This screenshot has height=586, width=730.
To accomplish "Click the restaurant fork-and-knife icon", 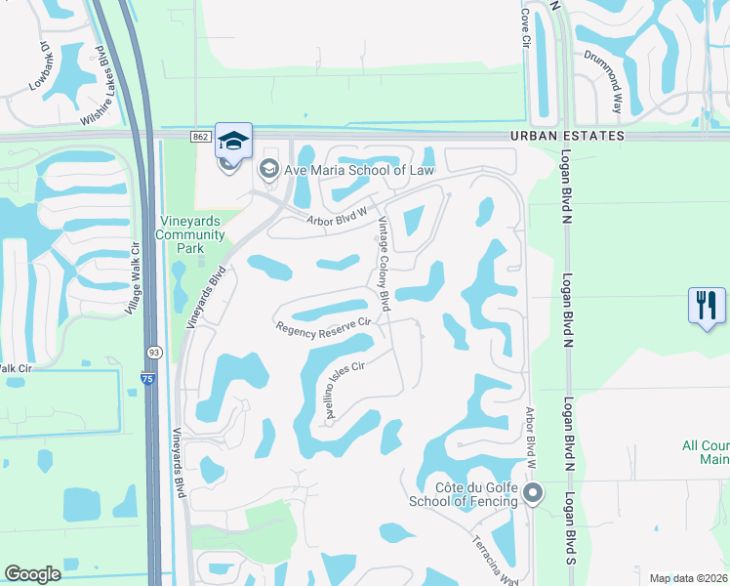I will (x=707, y=306).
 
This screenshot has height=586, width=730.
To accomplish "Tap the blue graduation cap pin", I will (x=232, y=141).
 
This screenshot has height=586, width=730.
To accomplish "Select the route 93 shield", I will (x=153, y=352).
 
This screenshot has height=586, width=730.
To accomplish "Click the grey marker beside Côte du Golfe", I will (x=532, y=492).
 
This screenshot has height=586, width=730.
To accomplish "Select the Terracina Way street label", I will (x=495, y=560).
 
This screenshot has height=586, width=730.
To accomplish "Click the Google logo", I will (x=32, y=574).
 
